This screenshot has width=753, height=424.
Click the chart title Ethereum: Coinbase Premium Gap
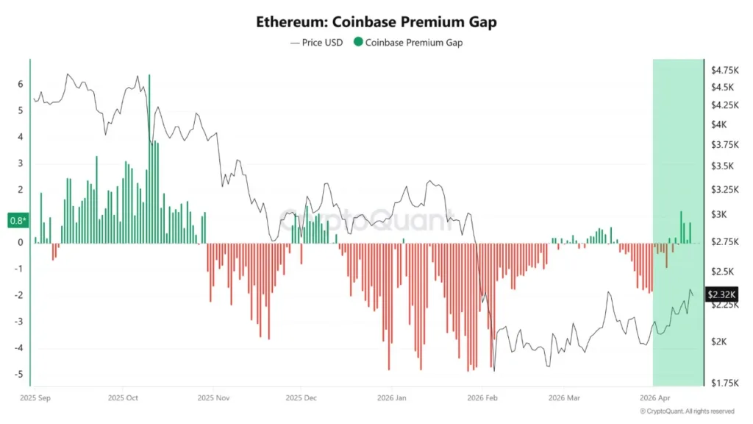376,22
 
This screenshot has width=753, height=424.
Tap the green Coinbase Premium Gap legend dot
358,43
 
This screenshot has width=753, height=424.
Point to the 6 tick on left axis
21,84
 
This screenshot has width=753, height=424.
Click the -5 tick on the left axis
21,375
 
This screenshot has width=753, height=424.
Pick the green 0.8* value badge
16,220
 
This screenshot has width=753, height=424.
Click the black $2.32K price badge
718,294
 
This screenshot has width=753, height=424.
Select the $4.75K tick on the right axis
724,71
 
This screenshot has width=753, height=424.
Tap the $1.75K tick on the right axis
724,383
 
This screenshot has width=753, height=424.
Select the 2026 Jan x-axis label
392,397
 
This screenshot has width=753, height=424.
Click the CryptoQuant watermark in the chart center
368,219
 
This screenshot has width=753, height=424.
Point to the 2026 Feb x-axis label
482,397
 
